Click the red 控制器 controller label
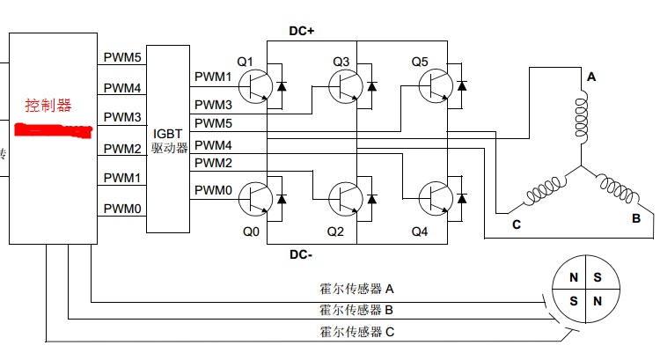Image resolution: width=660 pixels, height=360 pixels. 48,106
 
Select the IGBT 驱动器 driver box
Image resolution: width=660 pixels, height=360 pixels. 167,137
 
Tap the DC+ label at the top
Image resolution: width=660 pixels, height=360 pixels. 302,31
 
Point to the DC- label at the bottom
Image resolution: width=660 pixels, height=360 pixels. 302,255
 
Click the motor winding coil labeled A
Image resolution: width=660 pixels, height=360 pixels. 581,119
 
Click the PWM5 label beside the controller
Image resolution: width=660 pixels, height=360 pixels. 122,57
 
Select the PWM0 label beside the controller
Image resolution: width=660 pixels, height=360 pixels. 122,209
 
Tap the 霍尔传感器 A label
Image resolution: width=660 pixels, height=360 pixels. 356,289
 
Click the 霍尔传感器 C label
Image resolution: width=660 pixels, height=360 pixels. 356,331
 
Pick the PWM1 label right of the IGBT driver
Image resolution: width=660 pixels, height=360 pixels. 213,77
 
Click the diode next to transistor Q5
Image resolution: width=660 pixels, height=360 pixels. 461,85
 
